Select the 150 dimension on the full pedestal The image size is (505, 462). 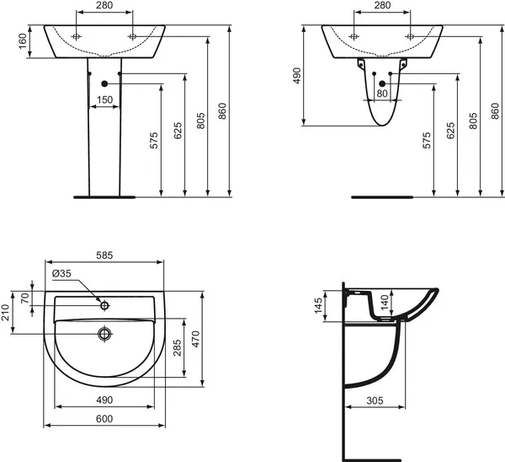[104, 100]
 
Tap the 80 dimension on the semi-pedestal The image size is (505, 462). [383, 94]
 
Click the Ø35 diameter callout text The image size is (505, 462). [62, 273]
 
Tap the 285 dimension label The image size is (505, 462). [178, 347]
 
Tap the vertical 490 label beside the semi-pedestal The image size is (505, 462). [296, 76]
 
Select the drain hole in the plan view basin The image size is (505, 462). [104, 333]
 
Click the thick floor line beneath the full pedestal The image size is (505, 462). [104, 199]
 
